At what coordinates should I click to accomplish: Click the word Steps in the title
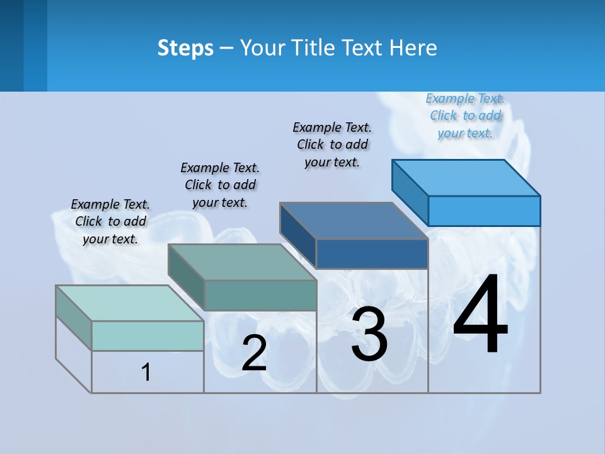tap(185, 48)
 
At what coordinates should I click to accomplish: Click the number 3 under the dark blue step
tap(369, 334)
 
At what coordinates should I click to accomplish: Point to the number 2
tap(254, 353)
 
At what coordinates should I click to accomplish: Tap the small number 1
tap(146, 372)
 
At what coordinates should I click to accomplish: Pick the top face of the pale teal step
tap(130, 303)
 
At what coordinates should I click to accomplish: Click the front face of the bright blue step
tap(484, 211)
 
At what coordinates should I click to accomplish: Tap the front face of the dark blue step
tap(372, 253)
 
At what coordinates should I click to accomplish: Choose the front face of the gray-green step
tap(260, 295)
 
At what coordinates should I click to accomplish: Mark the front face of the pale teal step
tap(147, 335)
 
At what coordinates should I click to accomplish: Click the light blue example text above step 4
tap(465, 115)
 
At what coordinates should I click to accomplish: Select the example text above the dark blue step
tap(332, 144)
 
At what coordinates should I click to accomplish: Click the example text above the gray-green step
tap(220, 185)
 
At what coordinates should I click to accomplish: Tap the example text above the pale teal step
tap(110, 221)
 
